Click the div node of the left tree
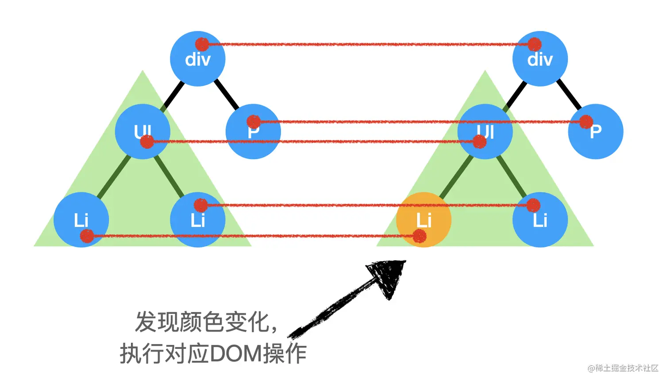point(197,59)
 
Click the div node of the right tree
point(540,59)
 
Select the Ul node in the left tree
point(142,132)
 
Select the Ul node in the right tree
point(485,132)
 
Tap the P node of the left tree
point(253,132)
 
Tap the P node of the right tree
point(596,132)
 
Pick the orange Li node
point(423,220)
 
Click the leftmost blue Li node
point(81,220)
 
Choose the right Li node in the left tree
point(197,220)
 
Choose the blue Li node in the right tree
point(540,220)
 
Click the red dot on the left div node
point(202,44)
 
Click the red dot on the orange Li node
point(419,236)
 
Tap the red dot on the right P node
point(586,121)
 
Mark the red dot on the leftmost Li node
point(87,236)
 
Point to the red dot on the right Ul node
point(479,142)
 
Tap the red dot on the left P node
point(254,121)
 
